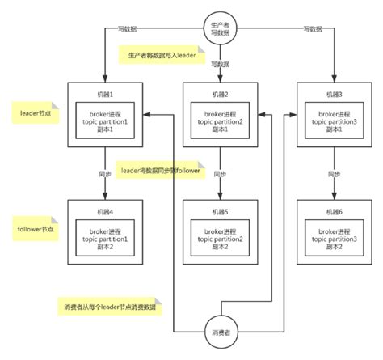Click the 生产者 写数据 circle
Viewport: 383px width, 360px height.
click(220, 26)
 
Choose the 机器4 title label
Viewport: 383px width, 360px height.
click(105, 213)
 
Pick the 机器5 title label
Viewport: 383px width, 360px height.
click(221, 213)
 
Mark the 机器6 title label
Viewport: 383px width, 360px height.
click(332, 213)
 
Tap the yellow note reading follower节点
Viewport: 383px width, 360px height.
click(35, 229)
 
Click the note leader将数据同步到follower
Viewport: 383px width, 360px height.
click(166, 171)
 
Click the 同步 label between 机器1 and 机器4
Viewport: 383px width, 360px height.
click(105, 173)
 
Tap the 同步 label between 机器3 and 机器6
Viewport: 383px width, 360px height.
click(332, 173)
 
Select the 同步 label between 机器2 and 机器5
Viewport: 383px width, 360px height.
click(221, 173)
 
